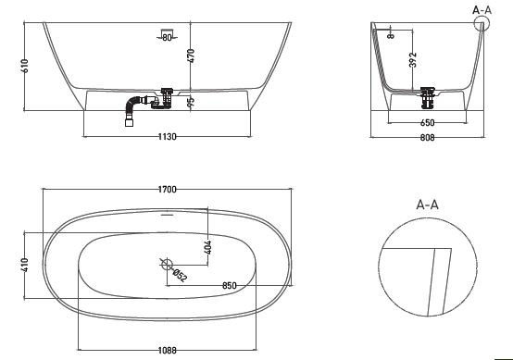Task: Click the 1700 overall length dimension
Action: (x=168, y=190)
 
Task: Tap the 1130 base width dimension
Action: (x=167, y=136)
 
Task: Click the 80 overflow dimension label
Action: (x=167, y=38)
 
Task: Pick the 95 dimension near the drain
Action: (x=192, y=103)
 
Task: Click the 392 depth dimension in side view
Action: (x=413, y=60)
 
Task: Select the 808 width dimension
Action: (x=428, y=137)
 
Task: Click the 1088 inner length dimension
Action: (x=167, y=351)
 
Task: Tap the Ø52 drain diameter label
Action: (x=181, y=276)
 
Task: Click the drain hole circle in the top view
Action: (x=169, y=265)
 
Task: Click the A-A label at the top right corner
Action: (x=482, y=10)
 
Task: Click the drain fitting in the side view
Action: (x=429, y=94)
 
